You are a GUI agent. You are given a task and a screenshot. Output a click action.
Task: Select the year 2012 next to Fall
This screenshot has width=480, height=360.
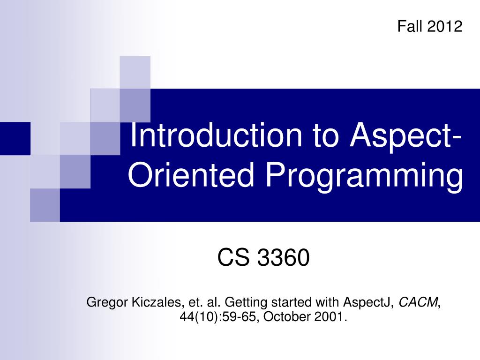tap(444, 26)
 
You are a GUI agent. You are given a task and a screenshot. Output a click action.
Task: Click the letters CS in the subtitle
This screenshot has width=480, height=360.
tap(233, 258)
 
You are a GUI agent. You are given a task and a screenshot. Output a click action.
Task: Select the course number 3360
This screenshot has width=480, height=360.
tap(284, 258)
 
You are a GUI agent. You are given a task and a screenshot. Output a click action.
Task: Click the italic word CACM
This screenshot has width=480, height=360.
tap(418, 302)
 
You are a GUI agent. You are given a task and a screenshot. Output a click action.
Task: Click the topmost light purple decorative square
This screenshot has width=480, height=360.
tap(135, 72)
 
